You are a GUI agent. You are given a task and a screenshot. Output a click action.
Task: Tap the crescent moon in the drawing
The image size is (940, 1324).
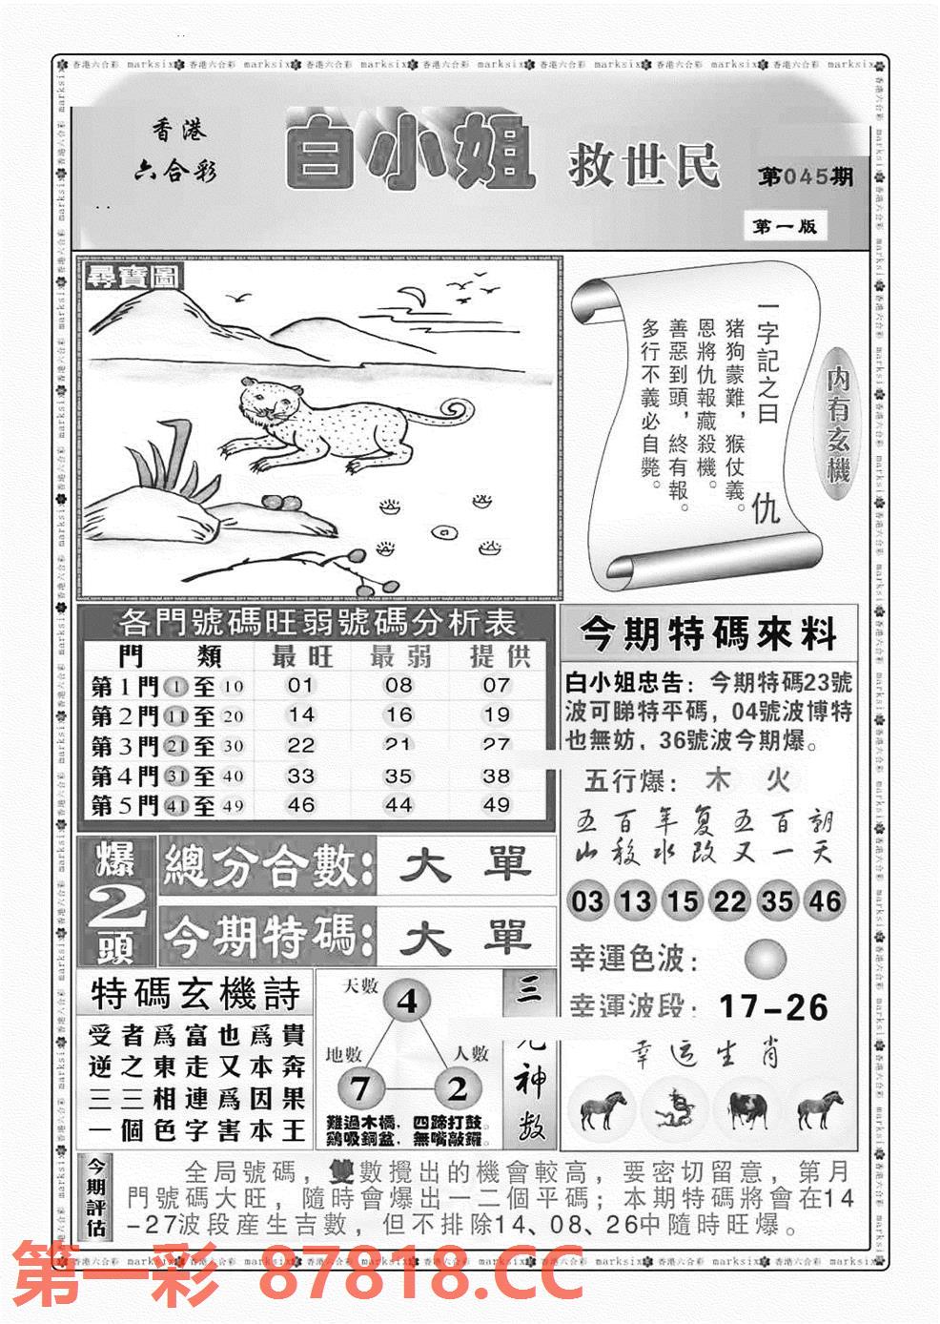click(x=413, y=297)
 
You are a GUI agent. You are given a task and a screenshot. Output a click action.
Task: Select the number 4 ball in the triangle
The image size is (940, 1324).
click(x=407, y=1002)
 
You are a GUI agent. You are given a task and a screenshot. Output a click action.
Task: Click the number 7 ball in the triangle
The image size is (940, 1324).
click(x=359, y=1088)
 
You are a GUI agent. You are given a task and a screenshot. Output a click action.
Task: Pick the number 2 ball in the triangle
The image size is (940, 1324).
click(x=458, y=1088)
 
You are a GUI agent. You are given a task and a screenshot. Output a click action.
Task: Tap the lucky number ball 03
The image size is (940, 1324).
click(x=588, y=900)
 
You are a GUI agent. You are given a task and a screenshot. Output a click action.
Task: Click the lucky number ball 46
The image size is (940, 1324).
click(x=824, y=900)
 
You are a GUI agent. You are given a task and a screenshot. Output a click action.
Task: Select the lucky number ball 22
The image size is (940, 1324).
click(x=729, y=900)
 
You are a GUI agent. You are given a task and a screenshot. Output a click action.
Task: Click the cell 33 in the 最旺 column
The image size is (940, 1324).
click(x=301, y=776)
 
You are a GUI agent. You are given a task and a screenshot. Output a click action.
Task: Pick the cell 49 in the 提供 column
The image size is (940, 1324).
click(x=496, y=805)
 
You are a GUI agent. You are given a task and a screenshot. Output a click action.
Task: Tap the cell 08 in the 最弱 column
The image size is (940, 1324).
click(x=398, y=685)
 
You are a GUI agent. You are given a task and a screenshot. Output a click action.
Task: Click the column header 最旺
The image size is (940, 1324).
click(x=301, y=656)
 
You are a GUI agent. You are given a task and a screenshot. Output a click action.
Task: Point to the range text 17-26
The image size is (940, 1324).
click(x=774, y=1006)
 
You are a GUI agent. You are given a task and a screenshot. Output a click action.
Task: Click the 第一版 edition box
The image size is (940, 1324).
click(x=785, y=227)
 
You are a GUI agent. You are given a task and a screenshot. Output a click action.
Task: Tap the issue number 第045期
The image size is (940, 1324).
click(x=806, y=177)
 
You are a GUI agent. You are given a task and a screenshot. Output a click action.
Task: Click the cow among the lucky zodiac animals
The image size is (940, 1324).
click(x=746, y=1107)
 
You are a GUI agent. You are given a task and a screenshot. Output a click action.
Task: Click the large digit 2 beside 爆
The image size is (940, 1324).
click(x=118, y=912)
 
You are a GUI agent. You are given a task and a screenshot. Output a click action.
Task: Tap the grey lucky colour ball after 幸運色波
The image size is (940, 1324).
click(x=766, y=958)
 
